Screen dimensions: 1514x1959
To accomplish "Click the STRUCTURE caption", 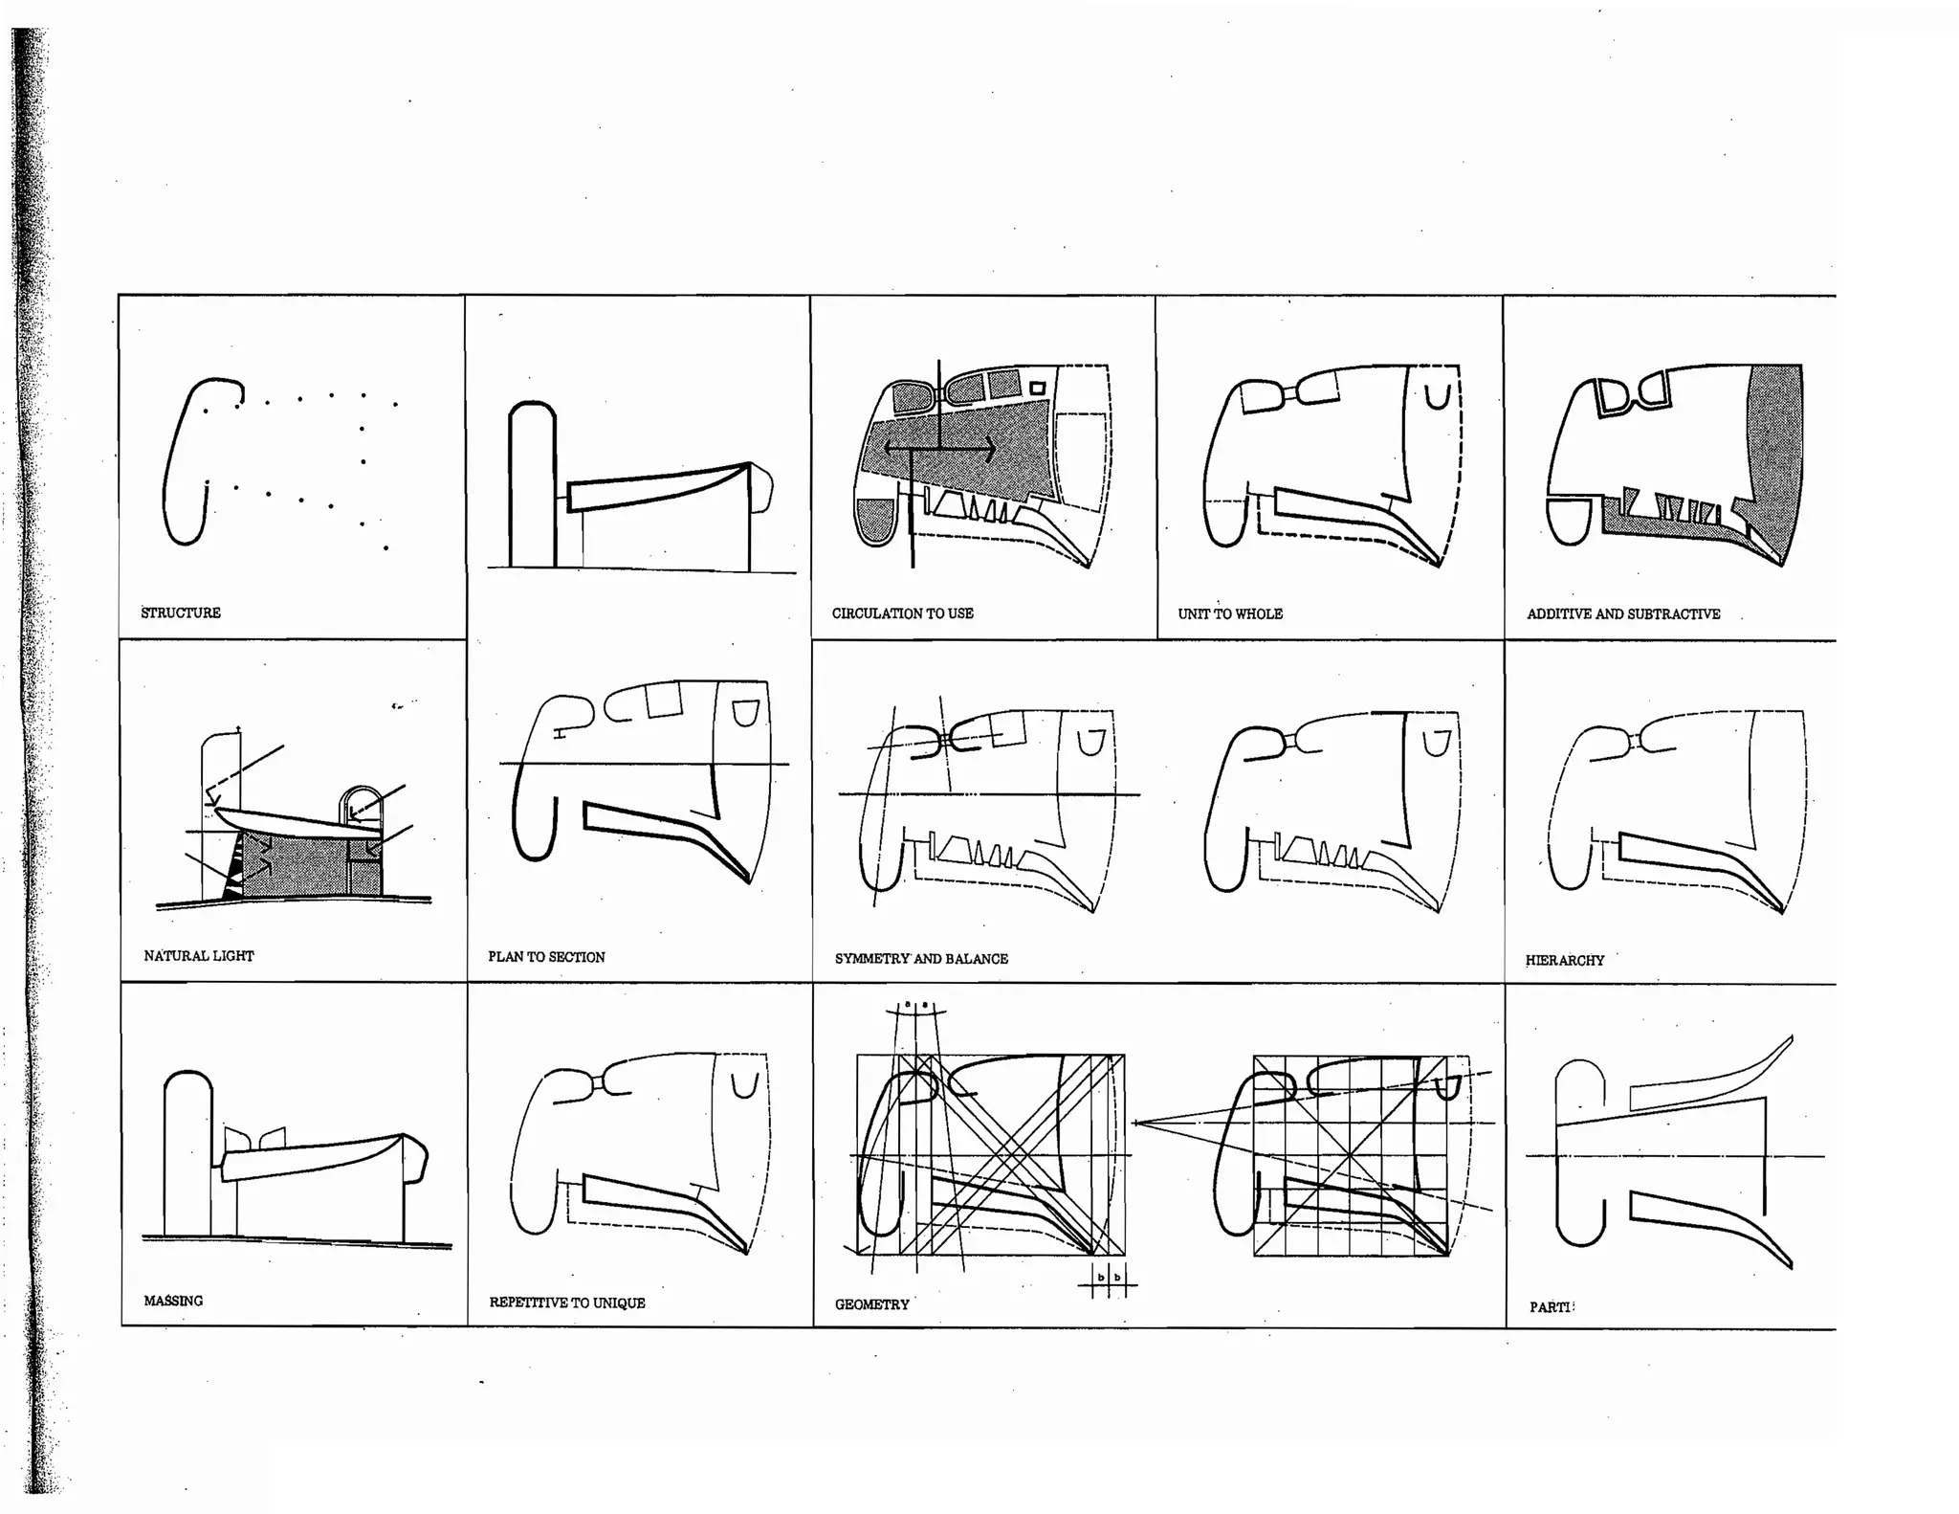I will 181,612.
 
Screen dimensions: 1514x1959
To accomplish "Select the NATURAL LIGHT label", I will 199,955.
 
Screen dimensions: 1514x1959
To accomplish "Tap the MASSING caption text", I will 173,1301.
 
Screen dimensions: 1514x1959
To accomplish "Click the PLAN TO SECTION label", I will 546,957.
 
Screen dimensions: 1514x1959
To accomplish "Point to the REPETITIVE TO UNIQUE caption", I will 567,1302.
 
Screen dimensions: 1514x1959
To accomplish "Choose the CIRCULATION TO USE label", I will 902,613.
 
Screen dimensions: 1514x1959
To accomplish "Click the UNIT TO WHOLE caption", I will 1230,613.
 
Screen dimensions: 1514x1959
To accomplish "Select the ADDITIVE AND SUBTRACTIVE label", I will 1623,613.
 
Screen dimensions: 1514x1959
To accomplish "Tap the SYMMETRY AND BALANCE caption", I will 921,958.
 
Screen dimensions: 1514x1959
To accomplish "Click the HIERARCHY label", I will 1565,960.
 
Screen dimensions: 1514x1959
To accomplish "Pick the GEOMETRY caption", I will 871,1304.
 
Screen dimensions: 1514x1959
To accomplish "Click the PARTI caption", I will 1550,1307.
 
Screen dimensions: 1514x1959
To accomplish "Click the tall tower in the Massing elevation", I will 187,1148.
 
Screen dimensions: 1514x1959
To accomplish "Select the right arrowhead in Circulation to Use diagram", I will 991,447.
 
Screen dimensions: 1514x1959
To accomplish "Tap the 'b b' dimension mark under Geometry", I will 1109,1279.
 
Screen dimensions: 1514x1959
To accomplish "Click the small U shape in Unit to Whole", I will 1437,396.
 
